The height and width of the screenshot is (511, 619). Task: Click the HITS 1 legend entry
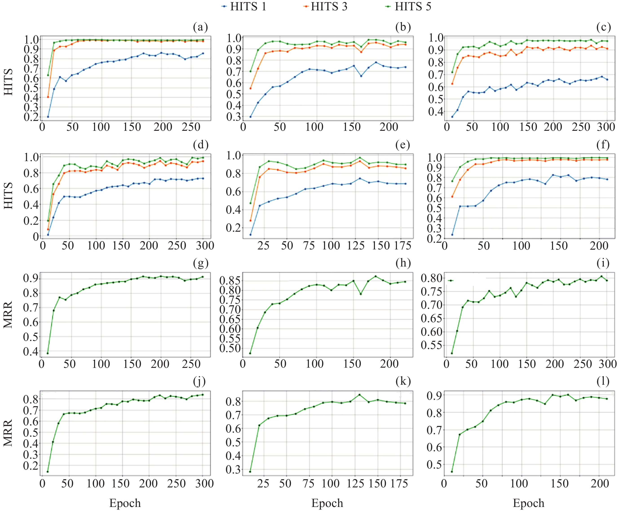[x=244, y=7]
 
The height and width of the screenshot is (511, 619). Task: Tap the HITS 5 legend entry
[x=409, y=7]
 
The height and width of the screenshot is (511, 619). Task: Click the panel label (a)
[x=200, y=27]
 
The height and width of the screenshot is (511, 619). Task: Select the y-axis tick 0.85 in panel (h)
[x=230, y=280]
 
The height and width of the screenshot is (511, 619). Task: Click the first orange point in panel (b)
[x=251, y=88]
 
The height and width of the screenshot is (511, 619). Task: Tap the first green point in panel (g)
[x=48, y=353]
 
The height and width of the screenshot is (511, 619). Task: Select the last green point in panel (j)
[x=203, y=395]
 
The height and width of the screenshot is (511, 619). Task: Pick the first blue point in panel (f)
[x=452, y=235]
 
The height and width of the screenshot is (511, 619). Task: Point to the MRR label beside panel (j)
[x=8, y=433]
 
